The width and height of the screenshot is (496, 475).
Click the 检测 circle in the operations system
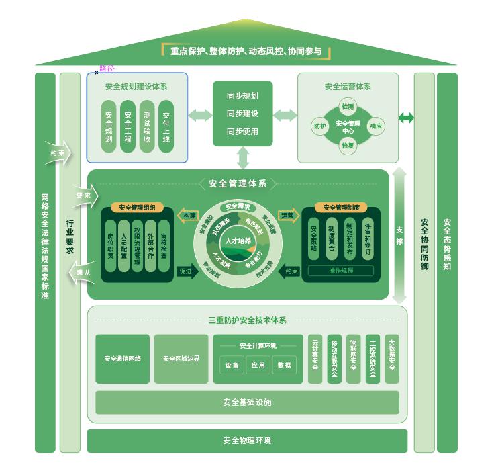click(347, 106)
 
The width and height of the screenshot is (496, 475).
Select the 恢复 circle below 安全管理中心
click(347, 145)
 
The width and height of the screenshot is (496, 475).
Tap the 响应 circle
click(376, 126)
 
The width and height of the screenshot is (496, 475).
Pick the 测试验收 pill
click(147, 126)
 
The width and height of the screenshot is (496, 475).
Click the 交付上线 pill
click(166, 126)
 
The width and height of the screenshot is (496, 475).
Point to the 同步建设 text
click(242, 114)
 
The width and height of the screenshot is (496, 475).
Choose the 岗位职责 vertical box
click(110, 246)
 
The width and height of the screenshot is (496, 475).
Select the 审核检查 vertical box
click(164, 246)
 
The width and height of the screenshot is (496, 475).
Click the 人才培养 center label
click(238, 241)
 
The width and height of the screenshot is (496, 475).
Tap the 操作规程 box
click(340, 271)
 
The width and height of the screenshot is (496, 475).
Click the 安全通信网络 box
click(122, 359)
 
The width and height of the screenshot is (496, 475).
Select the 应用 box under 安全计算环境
click(258, 365)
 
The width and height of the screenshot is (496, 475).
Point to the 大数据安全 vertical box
click(392, 359)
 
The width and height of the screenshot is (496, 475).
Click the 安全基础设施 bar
click(247, 402)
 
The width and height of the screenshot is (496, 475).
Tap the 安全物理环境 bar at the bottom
click(247, 441)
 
